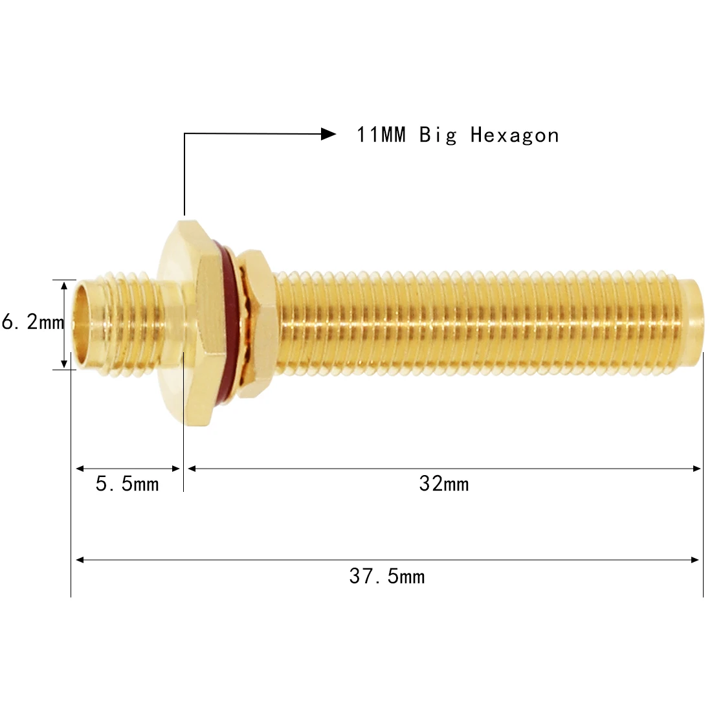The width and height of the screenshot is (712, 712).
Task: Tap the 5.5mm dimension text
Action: (x=127, y=484)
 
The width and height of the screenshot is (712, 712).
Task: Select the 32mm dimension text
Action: (x=443, y=484)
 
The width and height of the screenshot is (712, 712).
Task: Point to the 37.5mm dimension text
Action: (x=386, y=576)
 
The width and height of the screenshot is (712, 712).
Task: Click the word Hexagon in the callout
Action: (x=514, y=135)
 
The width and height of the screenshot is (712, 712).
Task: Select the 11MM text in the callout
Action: (x=381, y=135)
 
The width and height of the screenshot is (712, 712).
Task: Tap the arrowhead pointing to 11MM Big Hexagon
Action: (x=329, y=134)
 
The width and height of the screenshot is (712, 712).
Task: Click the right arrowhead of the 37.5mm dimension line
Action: (x=696, y=560)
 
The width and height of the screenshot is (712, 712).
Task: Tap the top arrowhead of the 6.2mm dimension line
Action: (x=63, y=285)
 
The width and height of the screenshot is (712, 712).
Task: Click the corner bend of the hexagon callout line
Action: (x=184, y=134)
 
